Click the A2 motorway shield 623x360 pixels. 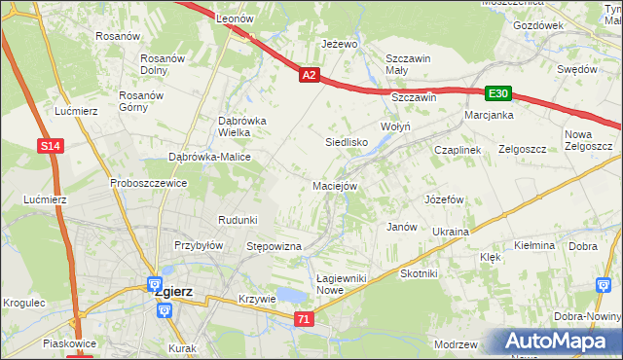[x=309, y=74]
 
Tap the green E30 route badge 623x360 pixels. [x=498, y=93]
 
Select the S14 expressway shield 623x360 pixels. [x=53, y=146]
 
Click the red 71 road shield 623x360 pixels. [x=305, y=319]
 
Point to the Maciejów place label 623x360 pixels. [x=336, y=186]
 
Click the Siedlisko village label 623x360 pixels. [x=346, y=142]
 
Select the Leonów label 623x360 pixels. [x=235, y=18]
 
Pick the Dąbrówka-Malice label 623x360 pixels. [x=210, y=157]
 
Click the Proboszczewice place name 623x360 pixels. [x=148, y=182]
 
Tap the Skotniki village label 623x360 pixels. [x=420, y=273]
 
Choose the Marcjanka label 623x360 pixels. [x=490, y=115]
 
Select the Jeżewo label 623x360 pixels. [x=341, y=44]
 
